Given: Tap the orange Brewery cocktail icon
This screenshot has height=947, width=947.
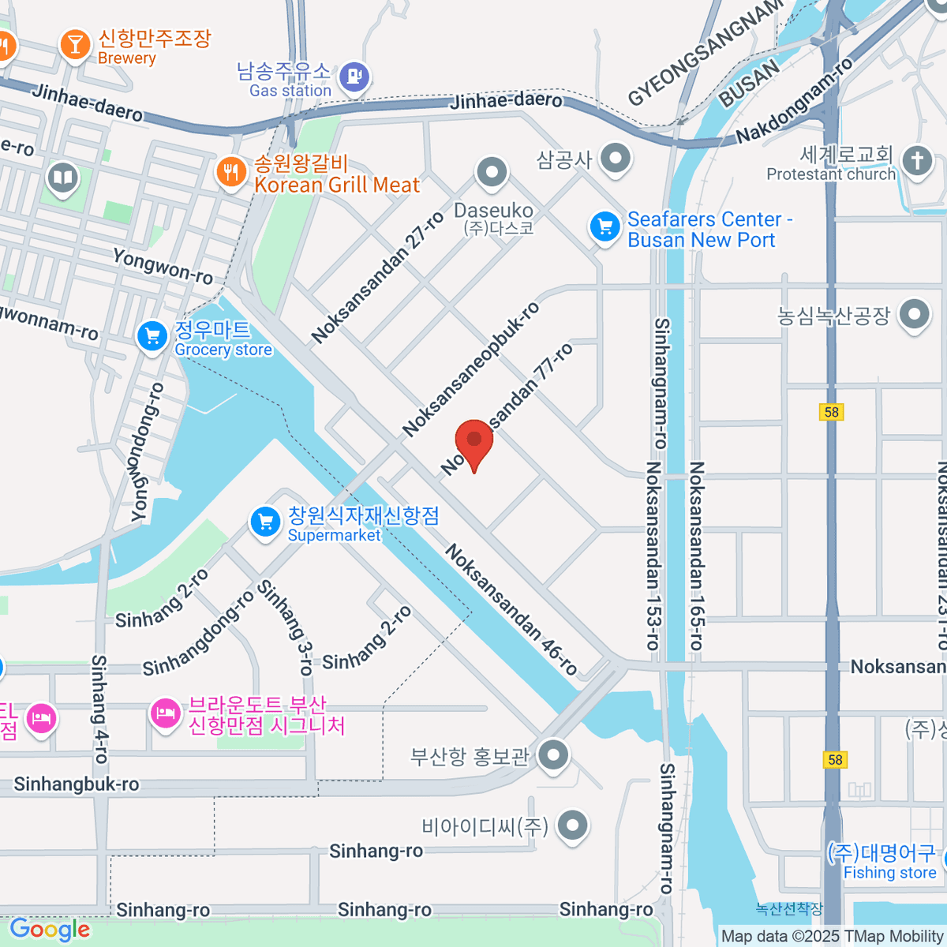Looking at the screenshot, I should (75, 45).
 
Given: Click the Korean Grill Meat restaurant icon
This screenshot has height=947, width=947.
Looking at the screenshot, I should (230, 171).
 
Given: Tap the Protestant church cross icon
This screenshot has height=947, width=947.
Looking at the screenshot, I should (917, 162).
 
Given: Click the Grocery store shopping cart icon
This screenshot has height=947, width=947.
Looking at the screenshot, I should (152, 337).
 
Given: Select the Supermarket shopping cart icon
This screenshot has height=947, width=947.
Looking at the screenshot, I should (265, 522).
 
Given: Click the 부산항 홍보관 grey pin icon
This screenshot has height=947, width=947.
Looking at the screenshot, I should (553, 755).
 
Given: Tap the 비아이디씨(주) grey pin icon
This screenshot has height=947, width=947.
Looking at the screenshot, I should (572, 825).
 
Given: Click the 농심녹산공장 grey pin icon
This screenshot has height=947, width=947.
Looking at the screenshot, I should (914, 315).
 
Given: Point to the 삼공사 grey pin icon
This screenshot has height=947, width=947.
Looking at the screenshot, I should (615, 158).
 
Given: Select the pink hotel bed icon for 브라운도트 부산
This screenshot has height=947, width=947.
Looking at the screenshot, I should (165, 714).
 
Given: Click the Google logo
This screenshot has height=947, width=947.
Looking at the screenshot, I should (50, 930).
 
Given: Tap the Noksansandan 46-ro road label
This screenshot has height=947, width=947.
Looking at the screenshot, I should (511, 609).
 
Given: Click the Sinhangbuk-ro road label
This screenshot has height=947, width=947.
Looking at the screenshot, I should (77, 784).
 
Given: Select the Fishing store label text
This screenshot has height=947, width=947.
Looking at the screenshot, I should (889, 873).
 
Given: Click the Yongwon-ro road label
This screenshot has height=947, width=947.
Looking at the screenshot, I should (163, 266).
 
